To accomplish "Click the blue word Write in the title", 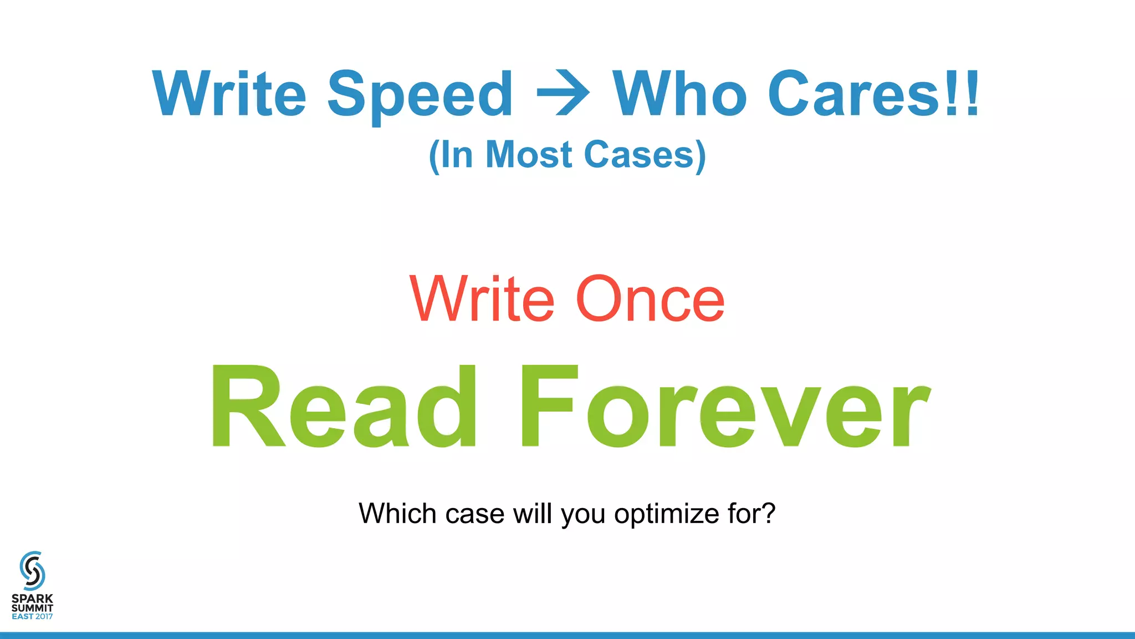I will pyautogui.click(x=229, y=94).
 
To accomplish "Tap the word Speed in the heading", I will pyautogui.click(x=420, y=95).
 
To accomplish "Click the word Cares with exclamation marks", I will pyautogui.click(x=873, y=94).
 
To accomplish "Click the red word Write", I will pyautogui.click(x=482, y=300).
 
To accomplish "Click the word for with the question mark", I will pyautogui.click(x=751, y=514).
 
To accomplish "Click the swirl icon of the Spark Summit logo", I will pyautogui.click(x=32, y=571).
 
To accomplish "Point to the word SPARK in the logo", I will pyautogui.click(x=32, y=599).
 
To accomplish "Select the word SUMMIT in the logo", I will pyautogui.click(x=32, y=608).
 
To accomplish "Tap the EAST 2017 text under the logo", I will pyautogui.click(x=32, y=616).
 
